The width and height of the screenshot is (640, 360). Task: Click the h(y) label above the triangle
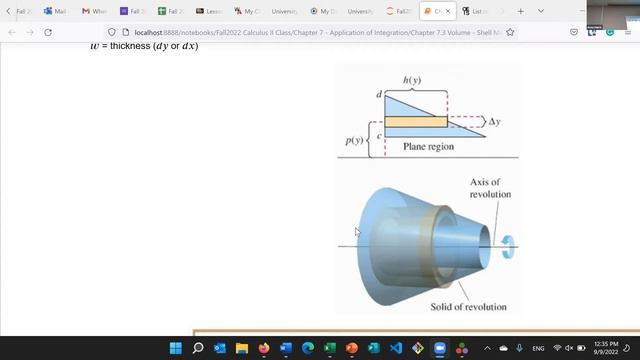[411, 80]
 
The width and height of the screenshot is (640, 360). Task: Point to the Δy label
[494, 121]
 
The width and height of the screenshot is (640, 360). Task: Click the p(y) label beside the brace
[354, 141]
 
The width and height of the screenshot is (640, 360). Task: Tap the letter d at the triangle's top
[379, 95]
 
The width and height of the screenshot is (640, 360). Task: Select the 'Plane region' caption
[428, 146]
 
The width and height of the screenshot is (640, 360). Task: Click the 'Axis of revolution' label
[490, 188]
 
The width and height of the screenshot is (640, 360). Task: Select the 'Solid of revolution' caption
[468, 306]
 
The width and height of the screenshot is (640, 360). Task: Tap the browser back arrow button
[12, 32]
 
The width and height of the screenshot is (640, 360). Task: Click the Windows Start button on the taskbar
[176, 348]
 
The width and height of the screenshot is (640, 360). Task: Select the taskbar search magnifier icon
[198, 348]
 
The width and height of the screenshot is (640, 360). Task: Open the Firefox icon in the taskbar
[264, 348]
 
